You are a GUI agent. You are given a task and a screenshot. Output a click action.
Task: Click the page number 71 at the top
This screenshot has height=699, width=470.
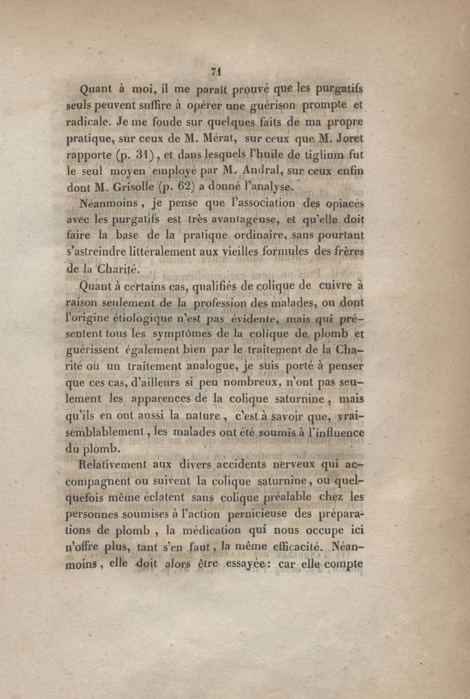coord(215,72)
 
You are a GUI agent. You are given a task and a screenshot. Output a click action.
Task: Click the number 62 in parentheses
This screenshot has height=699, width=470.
coord(183,188)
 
